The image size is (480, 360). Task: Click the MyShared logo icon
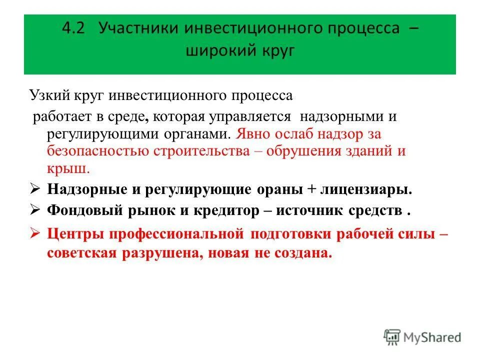[x=392, y=337]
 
